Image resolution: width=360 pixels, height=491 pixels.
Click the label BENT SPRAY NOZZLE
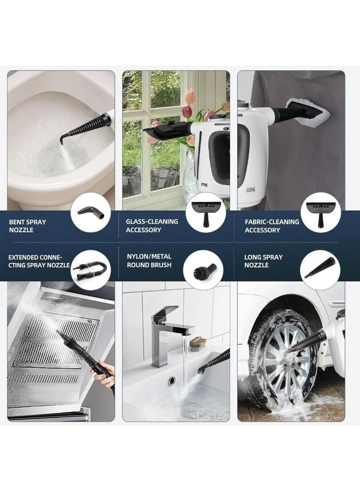(28, 226)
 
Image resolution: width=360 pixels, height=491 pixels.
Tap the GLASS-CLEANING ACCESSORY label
(152, 225)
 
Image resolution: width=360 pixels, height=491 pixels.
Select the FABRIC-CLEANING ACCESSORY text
(272, 226)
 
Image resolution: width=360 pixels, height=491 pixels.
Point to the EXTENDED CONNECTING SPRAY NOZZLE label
(39, 261)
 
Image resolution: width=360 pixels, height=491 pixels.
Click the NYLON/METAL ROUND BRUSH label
(149, 261)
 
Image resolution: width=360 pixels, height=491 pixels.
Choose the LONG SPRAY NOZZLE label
(263, 261)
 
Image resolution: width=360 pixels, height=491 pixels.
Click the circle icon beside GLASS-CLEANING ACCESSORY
(206, 213)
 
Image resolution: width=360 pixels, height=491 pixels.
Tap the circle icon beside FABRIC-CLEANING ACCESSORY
(321, 213)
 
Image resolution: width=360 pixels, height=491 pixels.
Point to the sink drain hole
(172, 381)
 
